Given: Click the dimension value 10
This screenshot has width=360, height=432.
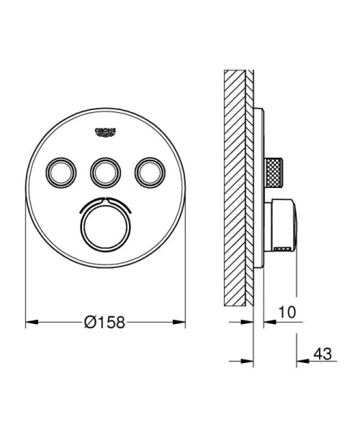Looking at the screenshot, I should (286, 314).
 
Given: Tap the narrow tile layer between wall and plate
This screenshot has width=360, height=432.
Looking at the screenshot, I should (250, 187).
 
